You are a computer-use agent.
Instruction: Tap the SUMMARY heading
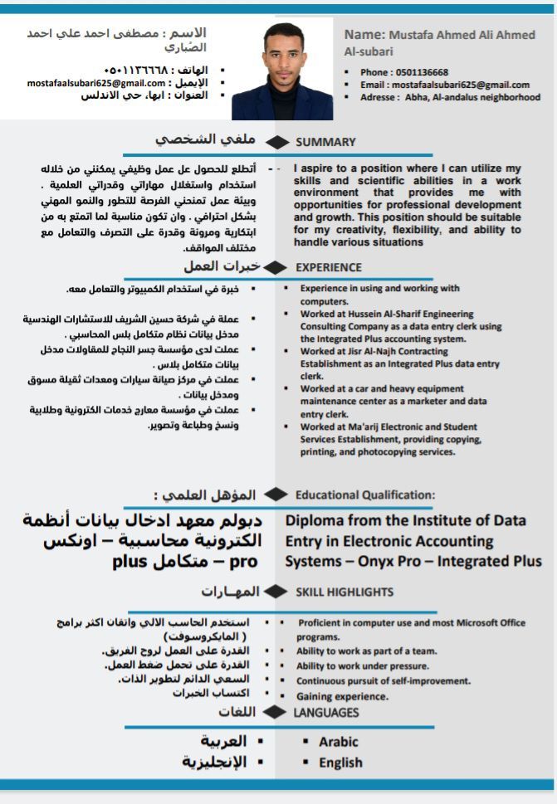[325, 142]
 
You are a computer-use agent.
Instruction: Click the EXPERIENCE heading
[329, 267]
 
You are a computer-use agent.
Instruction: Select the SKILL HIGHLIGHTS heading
[344, 592]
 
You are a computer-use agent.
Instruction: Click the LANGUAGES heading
[326, 713]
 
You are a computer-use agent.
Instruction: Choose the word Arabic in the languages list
[339, 742]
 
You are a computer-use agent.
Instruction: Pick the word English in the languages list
[340, 763]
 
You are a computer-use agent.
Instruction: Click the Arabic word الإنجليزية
[215, 762]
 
